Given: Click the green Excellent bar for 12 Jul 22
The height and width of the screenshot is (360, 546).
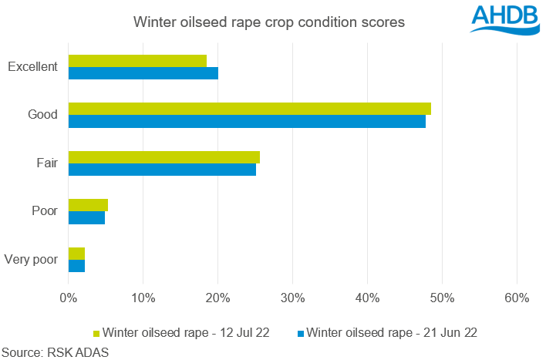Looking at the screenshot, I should [x=137, y=61].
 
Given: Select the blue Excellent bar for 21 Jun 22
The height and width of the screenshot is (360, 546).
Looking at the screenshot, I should [x=143, y=73].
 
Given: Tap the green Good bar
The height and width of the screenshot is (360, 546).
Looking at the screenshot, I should [x=249, y=109].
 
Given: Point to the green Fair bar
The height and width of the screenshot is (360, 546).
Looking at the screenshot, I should [x=163, y=157].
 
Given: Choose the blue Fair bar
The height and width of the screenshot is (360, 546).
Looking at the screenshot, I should [x=162, y=170].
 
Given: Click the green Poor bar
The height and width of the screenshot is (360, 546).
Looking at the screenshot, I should [x=88, y=205].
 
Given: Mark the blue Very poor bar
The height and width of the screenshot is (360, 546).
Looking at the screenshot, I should [x=76, y=266].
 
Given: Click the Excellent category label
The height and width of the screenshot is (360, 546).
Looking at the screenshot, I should [x=32, y=67].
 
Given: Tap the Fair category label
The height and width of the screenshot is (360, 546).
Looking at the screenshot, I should [x=46, y=163].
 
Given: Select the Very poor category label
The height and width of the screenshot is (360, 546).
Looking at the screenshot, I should [x=32, y=260].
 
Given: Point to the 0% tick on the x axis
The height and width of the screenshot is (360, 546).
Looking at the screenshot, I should [x=68, y=298].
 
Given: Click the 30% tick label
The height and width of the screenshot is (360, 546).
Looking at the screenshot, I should [x=292, y=298].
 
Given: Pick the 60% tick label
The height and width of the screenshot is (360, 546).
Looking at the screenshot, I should [x=517, y=298].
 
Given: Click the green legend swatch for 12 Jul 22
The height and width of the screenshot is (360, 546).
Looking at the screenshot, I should [x=96, y=334].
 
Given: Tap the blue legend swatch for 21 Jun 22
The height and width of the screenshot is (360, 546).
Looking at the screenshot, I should [x=301, y=334].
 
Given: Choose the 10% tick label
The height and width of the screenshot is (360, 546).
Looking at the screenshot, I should [x=143, y=298].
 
